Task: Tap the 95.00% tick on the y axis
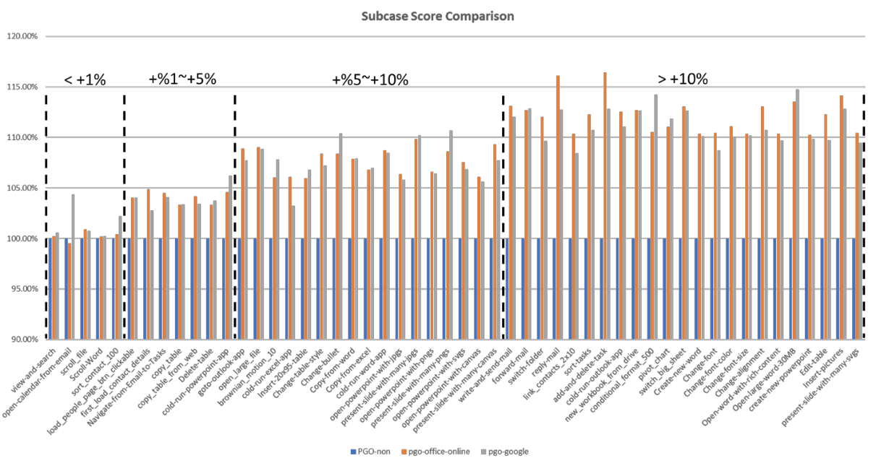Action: click(x=25, y=289)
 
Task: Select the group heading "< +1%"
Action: click(x=85, y=79)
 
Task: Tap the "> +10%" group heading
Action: click(x=682, y=79)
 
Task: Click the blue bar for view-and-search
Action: click(x=50, y=289)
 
